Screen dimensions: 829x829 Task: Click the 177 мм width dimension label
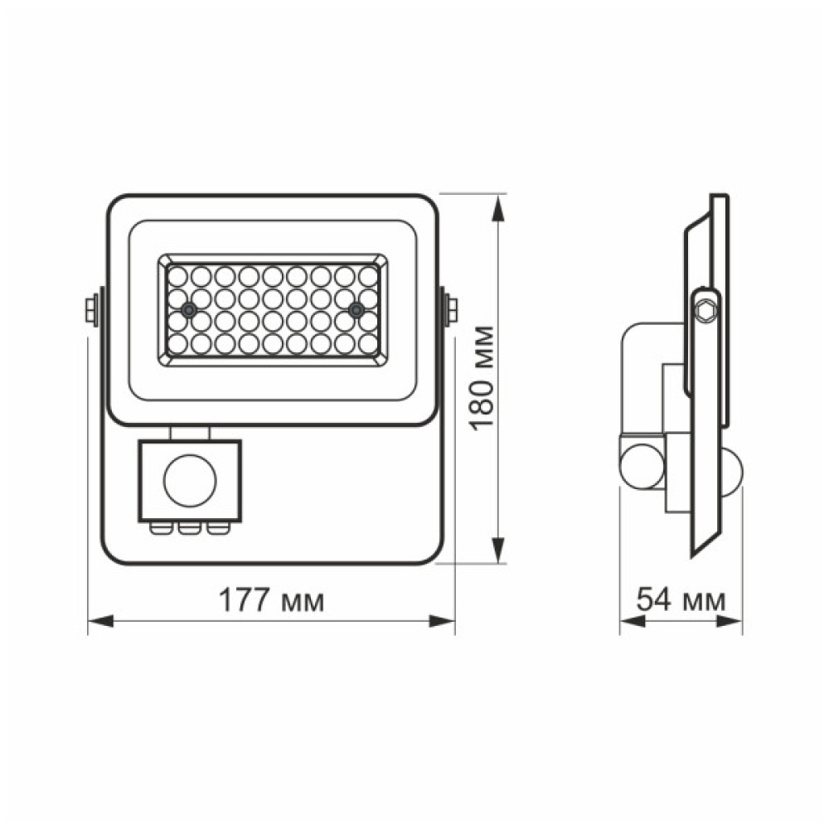coord(271,601)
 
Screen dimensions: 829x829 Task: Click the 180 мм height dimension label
coord(482,378)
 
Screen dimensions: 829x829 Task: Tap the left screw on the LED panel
coord(190,310)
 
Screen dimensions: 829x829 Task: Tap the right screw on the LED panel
coord(356,310)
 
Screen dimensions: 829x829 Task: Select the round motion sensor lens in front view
coord(190,480)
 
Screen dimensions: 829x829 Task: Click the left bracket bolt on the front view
coord(90,309)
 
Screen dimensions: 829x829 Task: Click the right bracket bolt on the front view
coord(452,309)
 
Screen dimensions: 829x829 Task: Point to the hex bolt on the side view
coord(705,309)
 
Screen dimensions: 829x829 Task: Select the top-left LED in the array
coord(176,274)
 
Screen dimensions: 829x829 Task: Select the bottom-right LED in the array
coord(369,343)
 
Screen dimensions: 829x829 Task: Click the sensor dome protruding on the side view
coord(731,471)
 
